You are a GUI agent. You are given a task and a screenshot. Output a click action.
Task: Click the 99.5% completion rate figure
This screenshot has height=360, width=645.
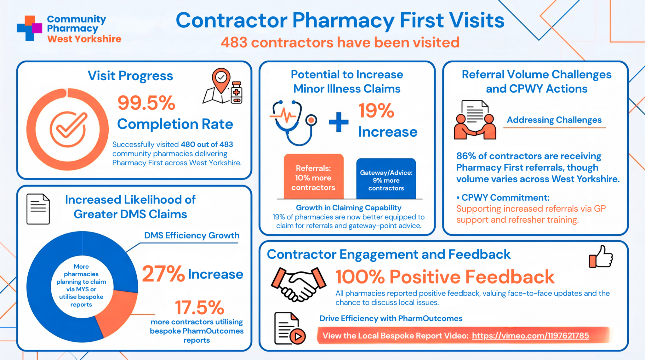click(146, 103)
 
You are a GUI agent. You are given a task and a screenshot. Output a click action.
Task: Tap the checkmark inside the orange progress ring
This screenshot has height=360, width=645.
click(68, 129)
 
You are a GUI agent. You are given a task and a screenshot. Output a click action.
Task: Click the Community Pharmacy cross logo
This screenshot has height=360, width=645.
click(30, 28)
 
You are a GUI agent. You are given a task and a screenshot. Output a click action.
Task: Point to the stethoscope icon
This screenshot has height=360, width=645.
click(293, 123)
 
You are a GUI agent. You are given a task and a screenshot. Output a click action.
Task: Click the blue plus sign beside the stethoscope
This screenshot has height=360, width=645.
click(339, 122)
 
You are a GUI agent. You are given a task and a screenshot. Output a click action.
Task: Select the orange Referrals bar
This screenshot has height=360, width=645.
click(314, 176)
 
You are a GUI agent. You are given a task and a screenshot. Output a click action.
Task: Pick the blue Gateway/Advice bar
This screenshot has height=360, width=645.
click(386, 179)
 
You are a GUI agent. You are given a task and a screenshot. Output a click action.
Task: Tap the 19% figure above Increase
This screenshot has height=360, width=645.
click(376, 111)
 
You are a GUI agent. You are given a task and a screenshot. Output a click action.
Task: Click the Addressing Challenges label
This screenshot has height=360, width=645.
click(554, 120)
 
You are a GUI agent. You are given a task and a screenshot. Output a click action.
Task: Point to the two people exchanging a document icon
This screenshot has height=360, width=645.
click(475, 120)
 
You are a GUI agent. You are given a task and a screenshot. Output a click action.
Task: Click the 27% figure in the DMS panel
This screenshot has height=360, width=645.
click(163, 274)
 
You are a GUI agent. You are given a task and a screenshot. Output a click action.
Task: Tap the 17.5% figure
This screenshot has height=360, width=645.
click(199, 307)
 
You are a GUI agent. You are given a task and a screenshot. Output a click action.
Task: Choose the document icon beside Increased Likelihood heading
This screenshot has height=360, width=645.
click(38, 209)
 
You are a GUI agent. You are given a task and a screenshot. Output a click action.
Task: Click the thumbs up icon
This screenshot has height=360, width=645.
click(601, 257)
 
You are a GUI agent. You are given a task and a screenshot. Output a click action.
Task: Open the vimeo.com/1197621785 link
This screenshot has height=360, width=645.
click(530, 336)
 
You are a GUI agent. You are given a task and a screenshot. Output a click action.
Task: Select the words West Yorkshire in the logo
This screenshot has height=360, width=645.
click(84, 39)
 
